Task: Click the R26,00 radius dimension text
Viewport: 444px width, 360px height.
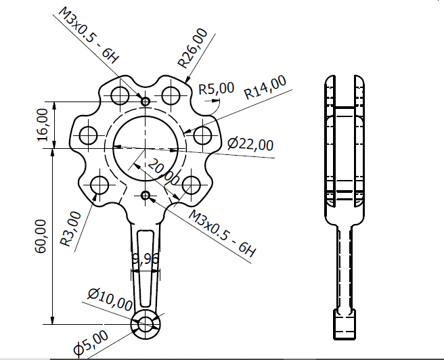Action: coord(192,48)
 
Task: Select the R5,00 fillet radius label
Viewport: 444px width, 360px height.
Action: coord(216,88)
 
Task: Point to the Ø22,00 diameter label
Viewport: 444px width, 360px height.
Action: coord(250,143)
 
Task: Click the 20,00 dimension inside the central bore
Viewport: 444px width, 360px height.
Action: coord(163,172)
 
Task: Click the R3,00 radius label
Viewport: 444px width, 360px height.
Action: coord(70,227)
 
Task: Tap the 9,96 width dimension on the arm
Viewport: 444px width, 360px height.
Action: coord(146,258)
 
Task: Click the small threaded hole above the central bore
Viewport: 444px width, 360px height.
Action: coord(146,101)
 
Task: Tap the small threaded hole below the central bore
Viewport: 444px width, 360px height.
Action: coord(146,196)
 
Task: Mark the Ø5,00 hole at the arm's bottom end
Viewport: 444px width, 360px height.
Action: coord(146,324)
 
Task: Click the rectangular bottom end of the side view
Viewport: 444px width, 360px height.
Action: coord(346,324)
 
